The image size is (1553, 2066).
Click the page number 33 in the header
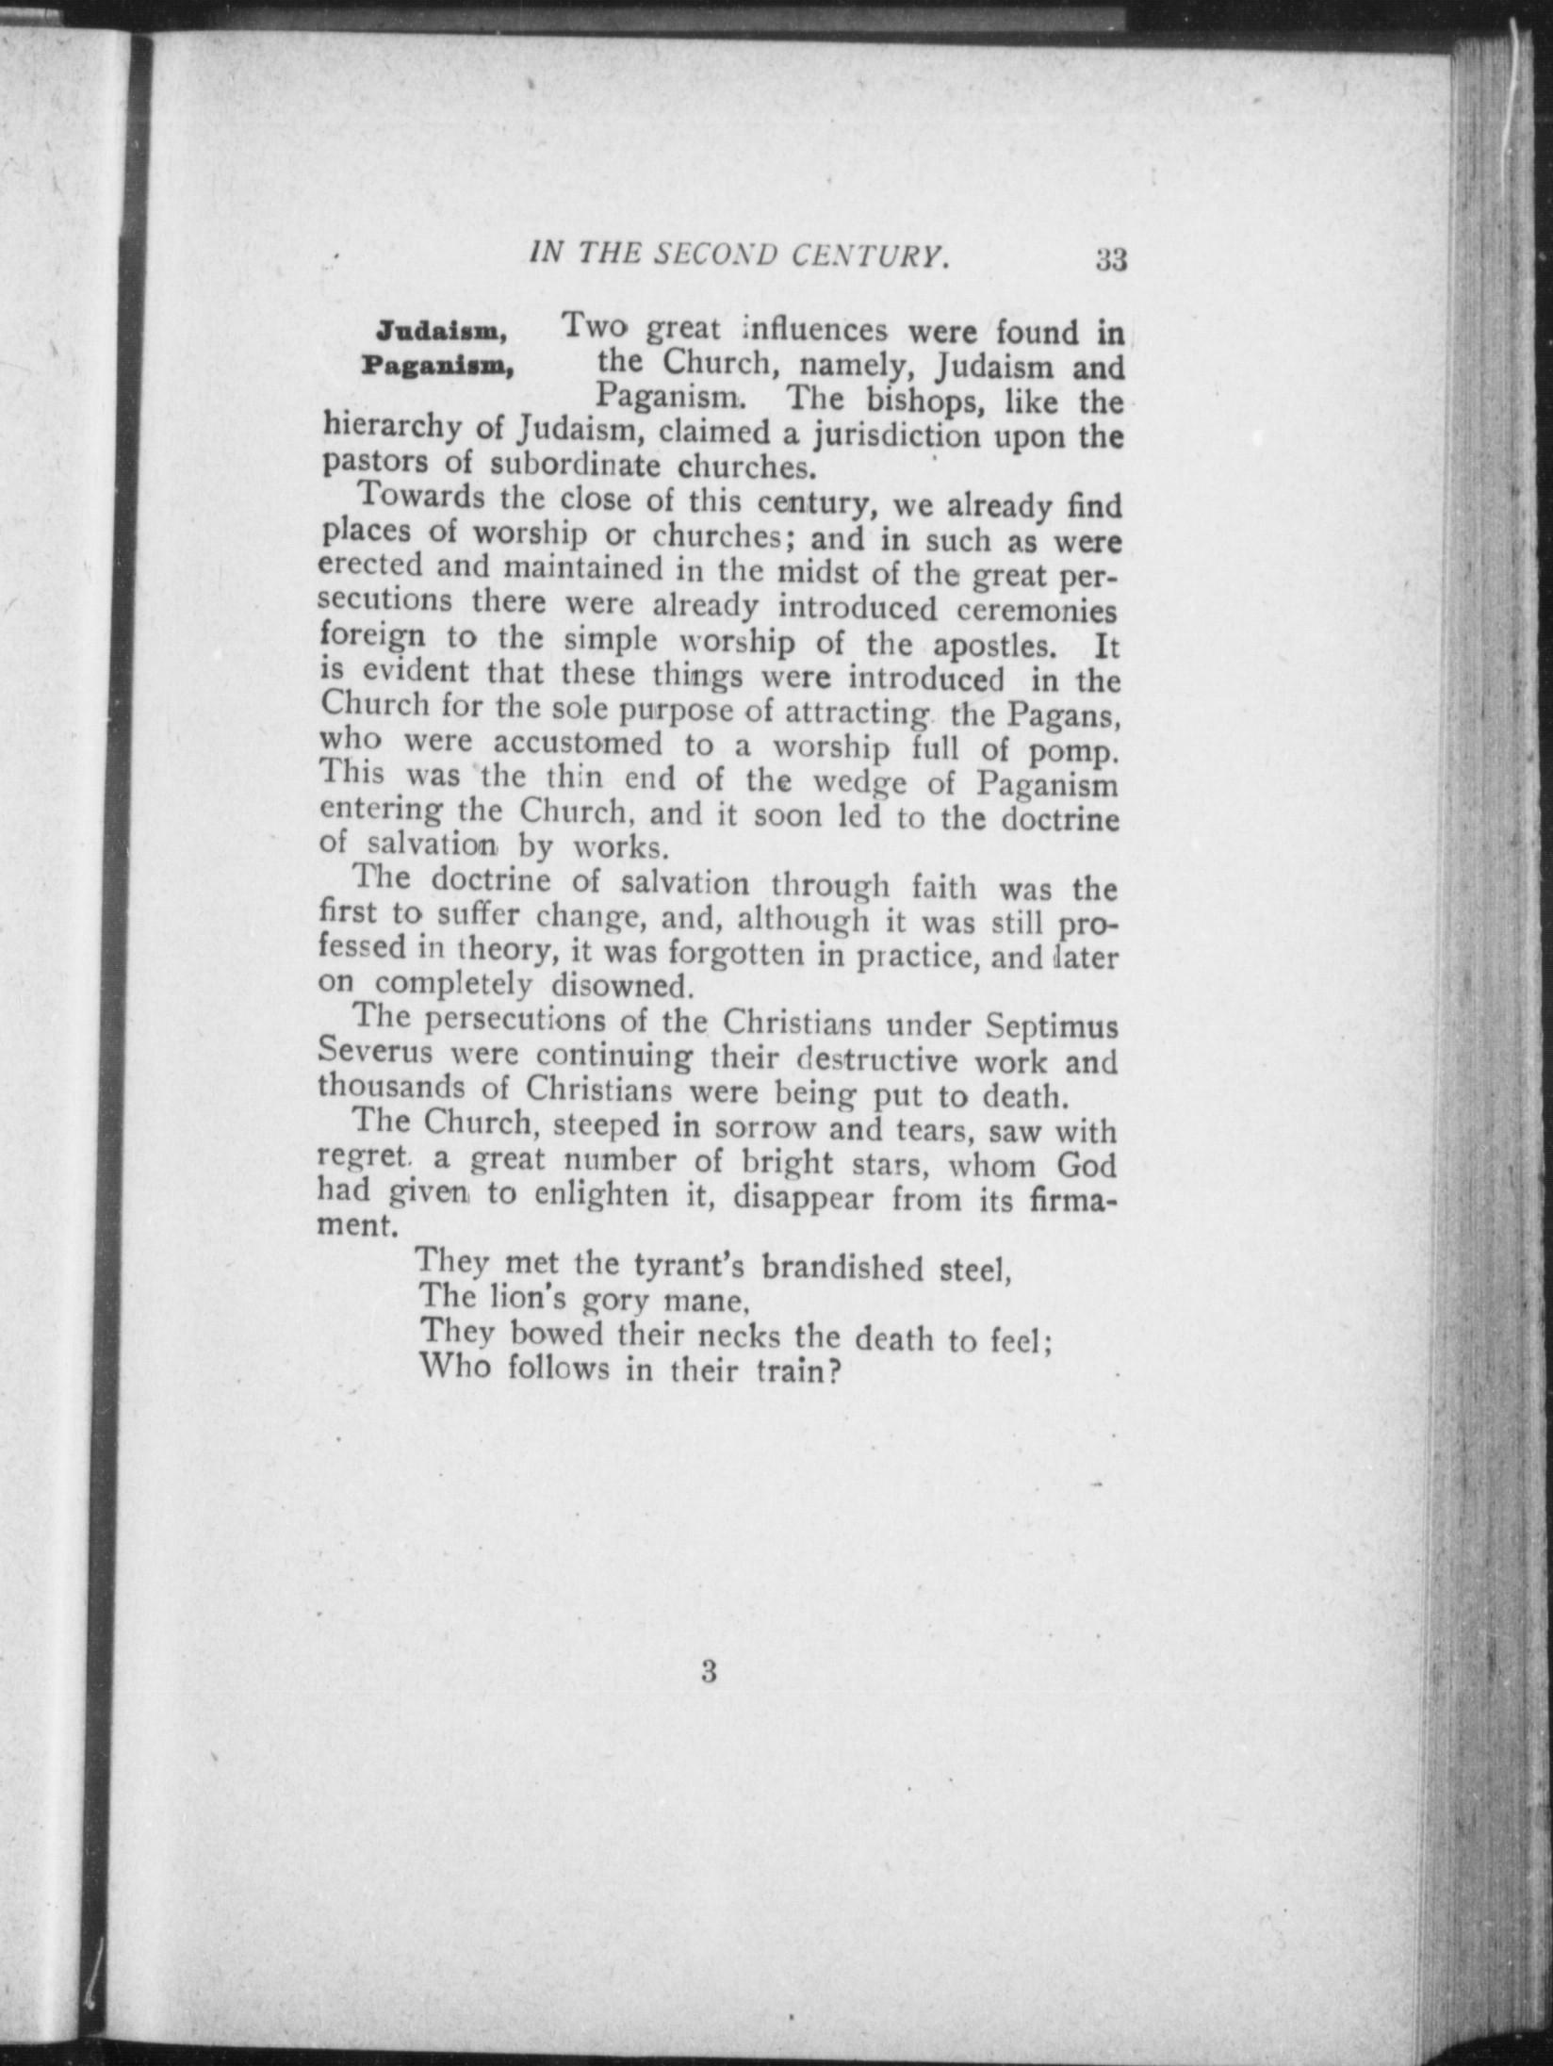(1111, 259)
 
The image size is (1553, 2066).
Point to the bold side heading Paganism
(437, 366)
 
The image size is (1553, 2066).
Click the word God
(1086, 1165)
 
